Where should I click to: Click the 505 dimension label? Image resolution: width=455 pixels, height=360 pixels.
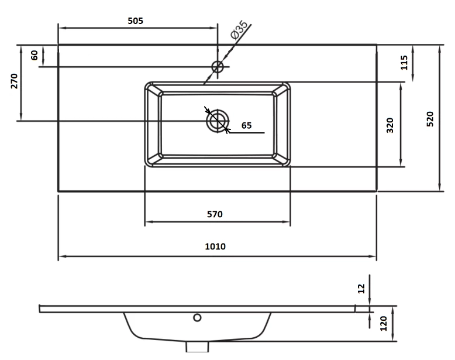[x=136, y=21]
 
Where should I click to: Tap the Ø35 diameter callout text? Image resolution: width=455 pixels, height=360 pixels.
[x=239, y=30]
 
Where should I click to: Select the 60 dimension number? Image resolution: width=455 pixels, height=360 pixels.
[x=35, y=55]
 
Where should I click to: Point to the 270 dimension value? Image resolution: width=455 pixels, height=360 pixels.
[x=14, y=81]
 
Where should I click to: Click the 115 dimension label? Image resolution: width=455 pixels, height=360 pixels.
[x=404, y=63]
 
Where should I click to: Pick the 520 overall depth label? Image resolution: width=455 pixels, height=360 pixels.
[x=430, y=119]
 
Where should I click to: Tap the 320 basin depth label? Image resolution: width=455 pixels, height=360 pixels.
[x=390, y=125]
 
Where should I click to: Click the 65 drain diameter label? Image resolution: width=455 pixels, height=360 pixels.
[x=246, y=125]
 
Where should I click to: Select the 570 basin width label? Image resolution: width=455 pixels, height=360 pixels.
[x=215, y=214]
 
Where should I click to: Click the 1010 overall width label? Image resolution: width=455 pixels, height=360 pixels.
[x=215, y=246]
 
